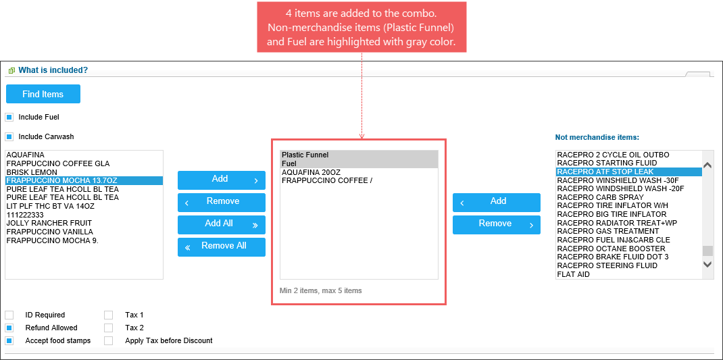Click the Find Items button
(43, 94)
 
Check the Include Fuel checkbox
(9, 118)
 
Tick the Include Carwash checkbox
(9, 137)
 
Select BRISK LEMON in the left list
(32, 172)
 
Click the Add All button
(222, 224)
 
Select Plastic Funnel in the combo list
(305, 155)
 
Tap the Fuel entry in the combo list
(289, 163)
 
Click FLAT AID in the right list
(573, 274)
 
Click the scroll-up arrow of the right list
(707, 165)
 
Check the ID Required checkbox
(9, 315)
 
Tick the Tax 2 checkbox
(108, 328)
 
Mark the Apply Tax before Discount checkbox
(108, 341)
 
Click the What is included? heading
(53, 70)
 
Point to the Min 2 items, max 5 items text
(320, 291)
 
